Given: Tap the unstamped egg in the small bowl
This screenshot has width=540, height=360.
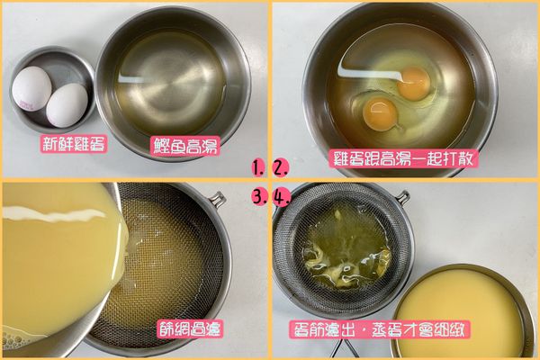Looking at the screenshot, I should [x=67, y=104].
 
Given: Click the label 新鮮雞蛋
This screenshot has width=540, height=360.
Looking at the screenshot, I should [x=74, y=144].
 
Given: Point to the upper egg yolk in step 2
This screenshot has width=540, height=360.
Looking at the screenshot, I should [x=413, y=83].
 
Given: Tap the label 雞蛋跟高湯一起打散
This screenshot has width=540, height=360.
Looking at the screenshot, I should [x=403, y=158].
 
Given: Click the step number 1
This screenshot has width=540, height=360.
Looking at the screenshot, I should [x=258, y=167].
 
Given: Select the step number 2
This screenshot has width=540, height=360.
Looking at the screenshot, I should [x=280, y=167].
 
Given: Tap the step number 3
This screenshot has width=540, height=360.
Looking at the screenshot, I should [x=258, y=197].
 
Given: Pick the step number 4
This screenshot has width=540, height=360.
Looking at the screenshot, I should [x=280, y=197].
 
